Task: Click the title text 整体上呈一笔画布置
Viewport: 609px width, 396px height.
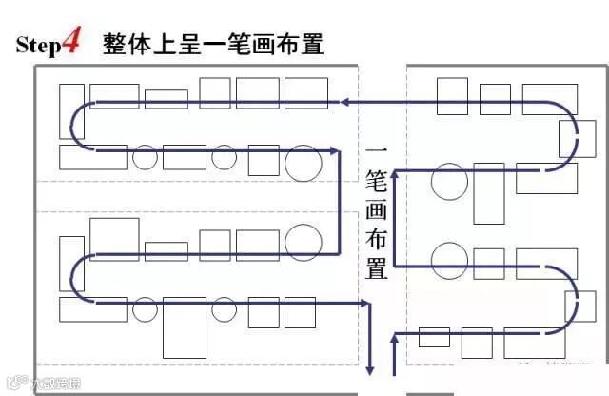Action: pyautogui.click(x=213, y=44)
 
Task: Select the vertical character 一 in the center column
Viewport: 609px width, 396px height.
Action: pyautogui.click(x=377, y=152)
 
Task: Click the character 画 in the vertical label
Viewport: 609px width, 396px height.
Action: pyautogui.click(x=377, y=208)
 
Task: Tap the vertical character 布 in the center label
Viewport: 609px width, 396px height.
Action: pyautogui.click(x=377, y=237)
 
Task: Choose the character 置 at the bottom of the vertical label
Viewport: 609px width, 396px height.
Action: pyautogui.click(x=377, y=266)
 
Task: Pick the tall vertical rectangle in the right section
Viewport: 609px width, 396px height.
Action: pyautogui.click(x=488, y=193)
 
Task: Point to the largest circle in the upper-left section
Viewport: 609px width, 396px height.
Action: pyautogui.click(x=302, y=162)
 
